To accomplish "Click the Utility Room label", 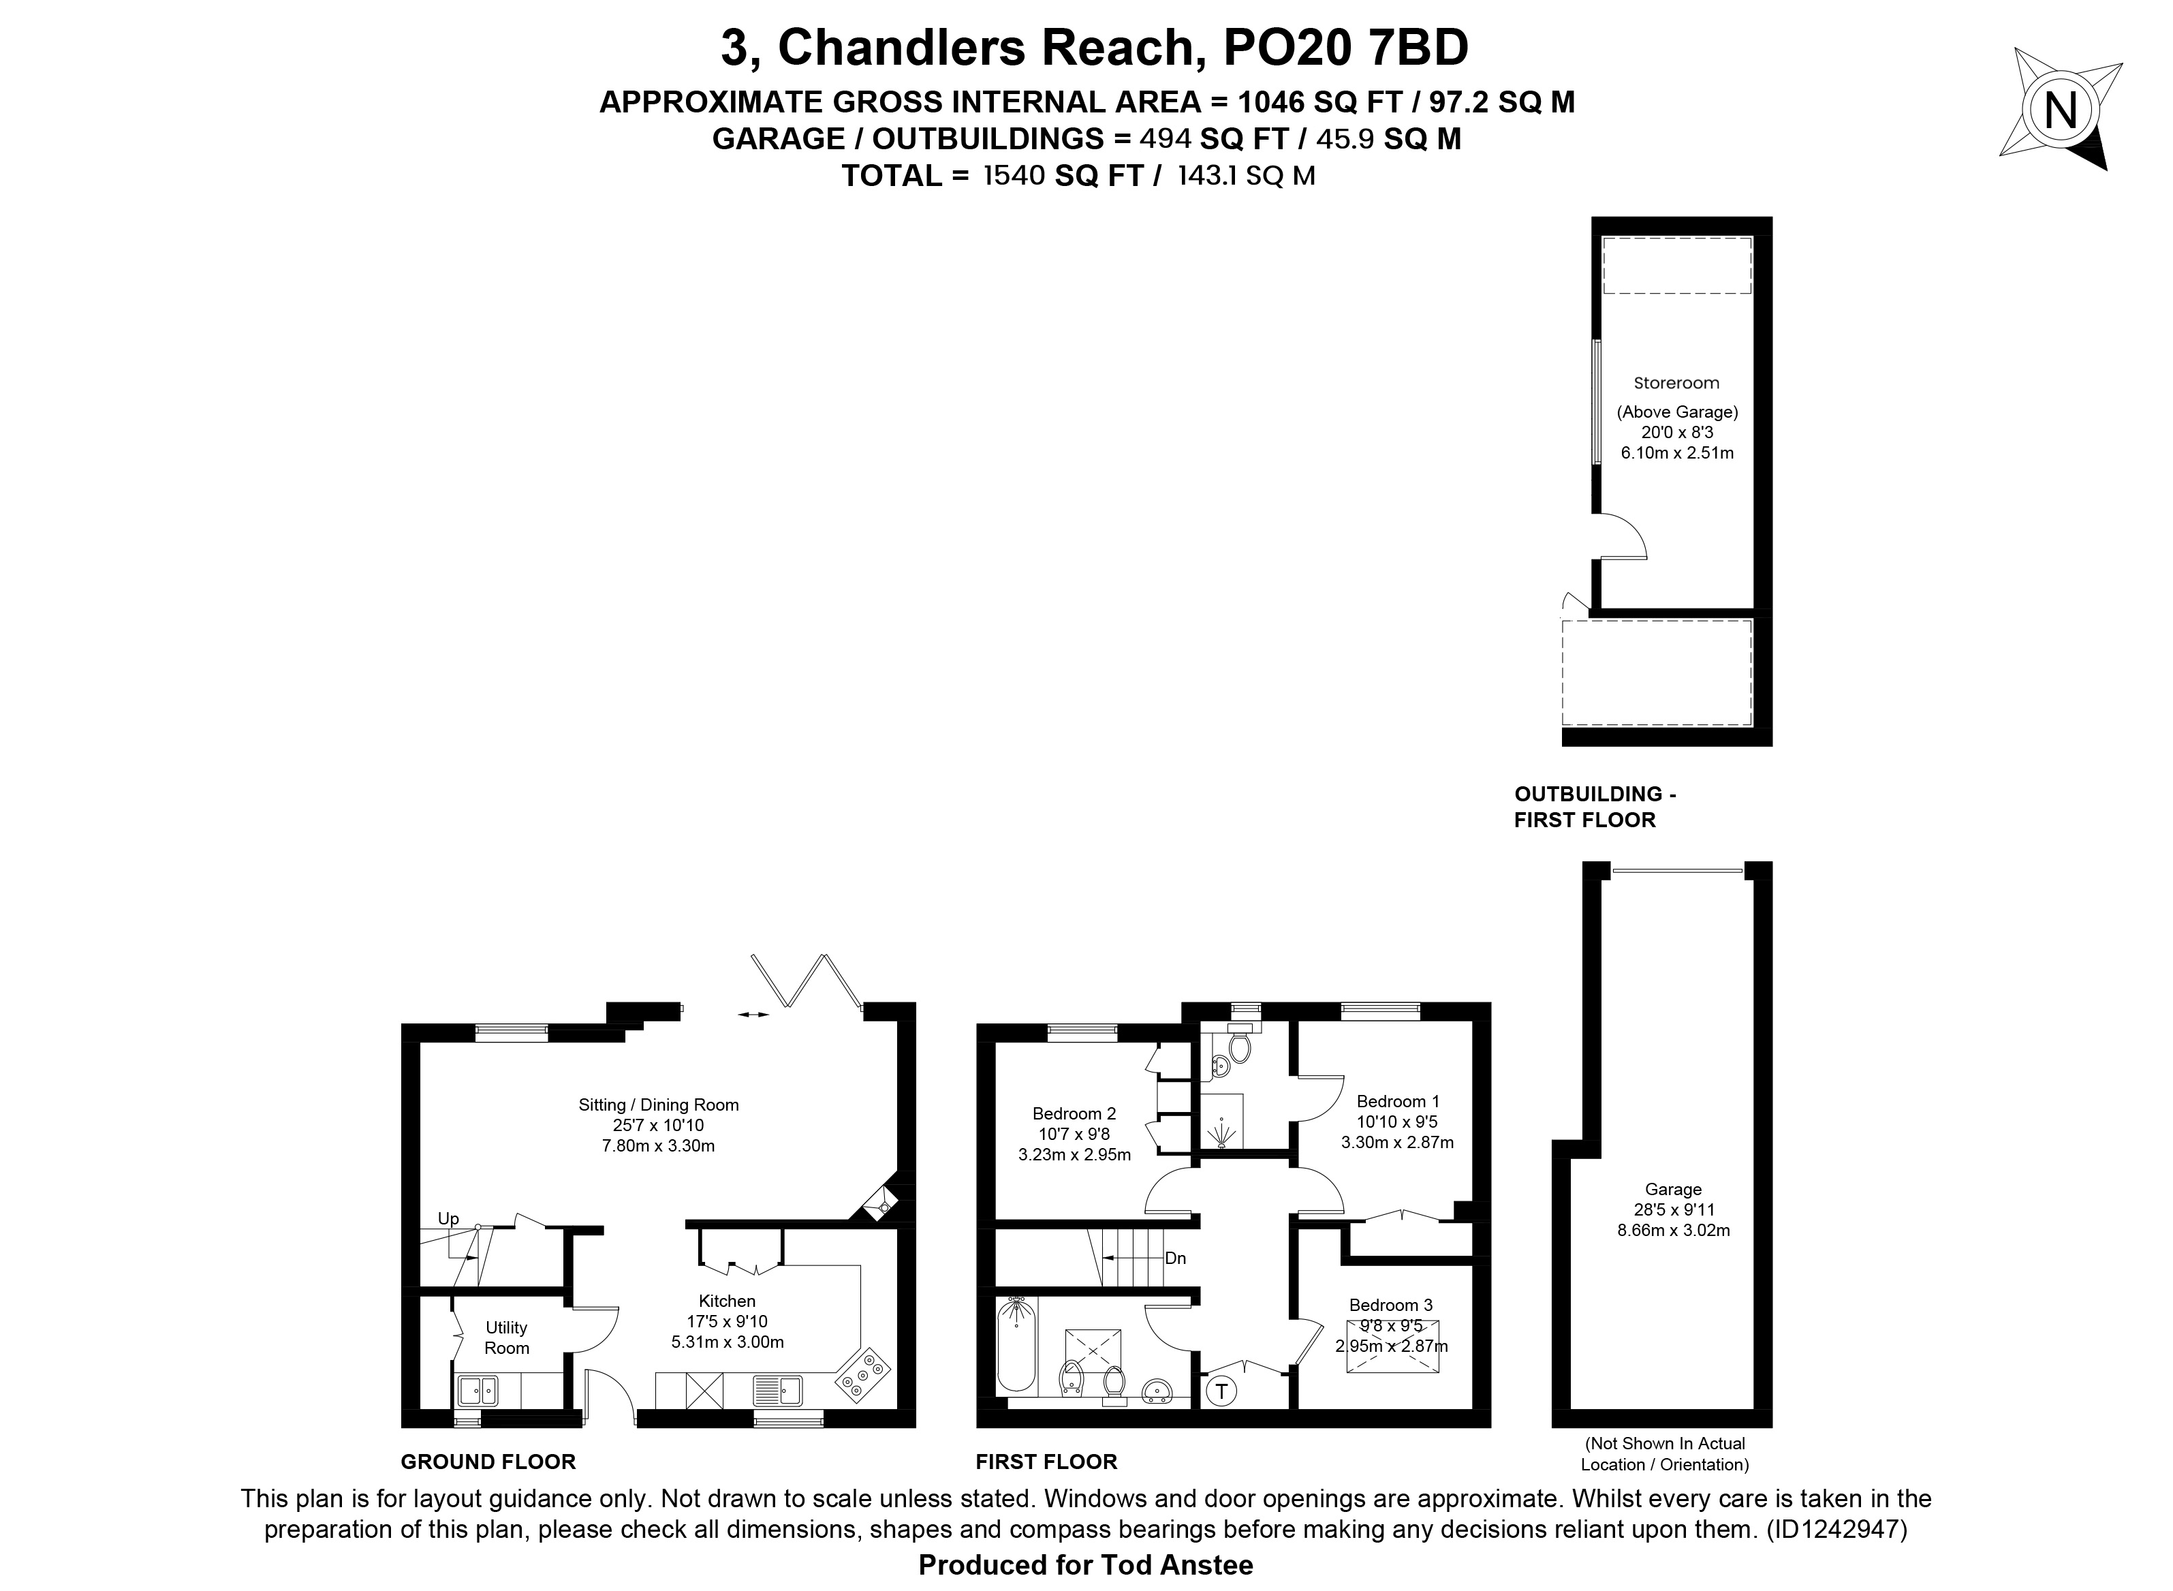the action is click(506, 1338).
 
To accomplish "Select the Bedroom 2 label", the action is click(1074, 1113).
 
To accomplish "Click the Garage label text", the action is click(1673, 1190).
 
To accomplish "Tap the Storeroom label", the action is click(1676, 382).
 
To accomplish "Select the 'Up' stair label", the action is click(449, 1218).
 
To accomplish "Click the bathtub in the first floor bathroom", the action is click(1016, 1344).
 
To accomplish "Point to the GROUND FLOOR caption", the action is click(488, 1462).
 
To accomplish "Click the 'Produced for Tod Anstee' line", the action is click(1085, 1565).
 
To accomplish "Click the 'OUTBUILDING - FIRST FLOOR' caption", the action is click(1595, 807).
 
